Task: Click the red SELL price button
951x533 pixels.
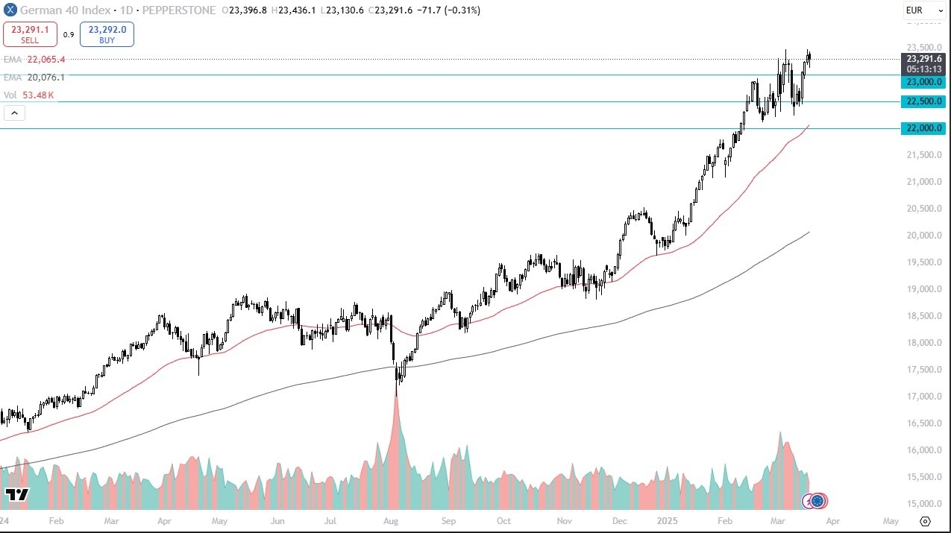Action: pyautogui.click(x=31, y=34)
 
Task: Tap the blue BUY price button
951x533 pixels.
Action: pyautogui.click(x=107, y=34)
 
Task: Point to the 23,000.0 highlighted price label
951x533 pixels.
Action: pyautogui.click(x=923, y=81)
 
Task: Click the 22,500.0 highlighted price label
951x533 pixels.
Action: pyautogui.click(x=923, y=101)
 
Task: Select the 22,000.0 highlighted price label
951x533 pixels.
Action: pyautogui.click(x=923, y=128)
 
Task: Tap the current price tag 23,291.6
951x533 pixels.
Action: pyautogui.click(x=924, y=59)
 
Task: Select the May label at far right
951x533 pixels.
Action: pyautogui.click(x=891, y=521)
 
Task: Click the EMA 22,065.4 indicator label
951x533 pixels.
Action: pyautogui.click(x=34, y=59)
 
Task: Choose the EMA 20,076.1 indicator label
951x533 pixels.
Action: pyautogui.click(x=34, y=77)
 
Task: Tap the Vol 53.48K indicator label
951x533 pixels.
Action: pyautogui.click(x=29, y=95)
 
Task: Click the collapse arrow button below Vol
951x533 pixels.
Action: pyautogui.click(x=15, y=113)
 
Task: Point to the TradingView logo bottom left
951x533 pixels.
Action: pyautogui.click(x=16, y=494)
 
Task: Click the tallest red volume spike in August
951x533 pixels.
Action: pyautogui.click(x=395, y=417)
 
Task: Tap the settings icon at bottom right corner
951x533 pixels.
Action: pyautogui.click(x=926, y=521)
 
